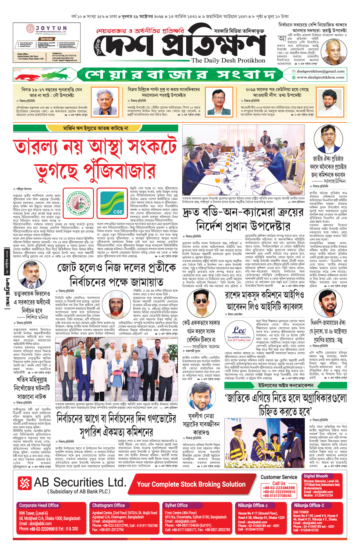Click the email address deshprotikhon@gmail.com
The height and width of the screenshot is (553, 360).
(x=320, y=71)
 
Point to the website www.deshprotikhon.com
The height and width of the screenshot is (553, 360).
(x=320, y=77)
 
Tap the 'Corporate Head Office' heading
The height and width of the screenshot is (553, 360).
(x=39, y=505)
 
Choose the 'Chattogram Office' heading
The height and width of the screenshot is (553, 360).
(x=108, y=505)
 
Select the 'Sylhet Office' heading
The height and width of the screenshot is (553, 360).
(x=176, y=505)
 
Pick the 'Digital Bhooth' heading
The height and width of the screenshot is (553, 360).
(x=316, y=476)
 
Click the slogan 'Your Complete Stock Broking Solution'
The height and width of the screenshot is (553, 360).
(x=191, y=484)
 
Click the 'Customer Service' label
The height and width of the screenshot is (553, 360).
(x=279, y=477)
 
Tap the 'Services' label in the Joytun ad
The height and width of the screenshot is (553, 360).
(x=46, y=39)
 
